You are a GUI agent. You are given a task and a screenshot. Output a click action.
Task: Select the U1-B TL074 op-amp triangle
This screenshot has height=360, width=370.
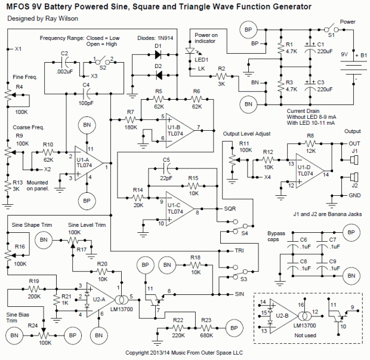pos(180,127)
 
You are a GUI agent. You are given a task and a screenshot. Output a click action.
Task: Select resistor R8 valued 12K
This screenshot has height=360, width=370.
pos(310,144)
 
